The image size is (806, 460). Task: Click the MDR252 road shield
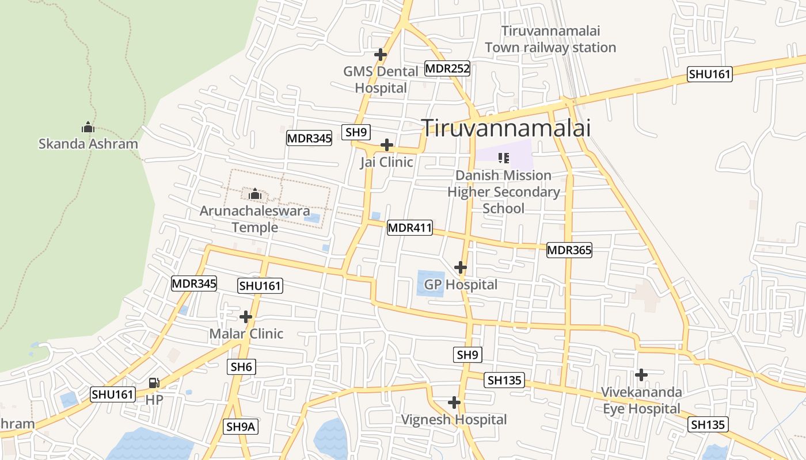pyautogui.click(x=447, y=69)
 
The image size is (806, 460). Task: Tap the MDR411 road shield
pyautogui.click(x=409, y=228)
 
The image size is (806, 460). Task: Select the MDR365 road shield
pyautogui.click(x=569, y=250)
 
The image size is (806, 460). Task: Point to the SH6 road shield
pyautogui.click(x=241, y=367)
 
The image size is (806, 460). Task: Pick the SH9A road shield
pyautogui.click(x=240, y=427)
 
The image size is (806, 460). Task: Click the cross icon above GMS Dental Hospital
pyautogui.click(x=380, y=55)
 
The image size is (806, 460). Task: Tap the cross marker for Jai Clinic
pyautogui.click(x=387, y=145)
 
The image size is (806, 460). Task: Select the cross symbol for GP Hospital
pyautogui.click(x=460, y=267)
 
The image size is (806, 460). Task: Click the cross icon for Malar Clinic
pyautogui.click(x=246, y=317)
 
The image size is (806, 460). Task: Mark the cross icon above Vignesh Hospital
pyautogui.click(x=454, y=402)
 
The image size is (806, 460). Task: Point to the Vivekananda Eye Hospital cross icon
pyautogui.click(x=641, y=375)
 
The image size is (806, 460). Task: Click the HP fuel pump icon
pyautogui.click(x=154, y=383)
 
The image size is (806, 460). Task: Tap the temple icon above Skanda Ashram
pyautogui.click(x=88, y=127)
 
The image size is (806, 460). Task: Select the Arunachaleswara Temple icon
pyautogui.click(x=255, y=194)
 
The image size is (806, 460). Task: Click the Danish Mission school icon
pyautogui.click(x=504, y=158)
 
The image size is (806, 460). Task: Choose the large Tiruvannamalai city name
pyautogui.click(x=506, y=128)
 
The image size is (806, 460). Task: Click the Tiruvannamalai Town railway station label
pyautogui.click(x=550, y=39)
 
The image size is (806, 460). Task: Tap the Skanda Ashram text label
pyautogui.click(x=88, y=144)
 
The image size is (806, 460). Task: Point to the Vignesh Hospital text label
pyautogui.click(x=454, y=420)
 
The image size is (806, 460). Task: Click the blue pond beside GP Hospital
pyautogui.click(x=431, y=283)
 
